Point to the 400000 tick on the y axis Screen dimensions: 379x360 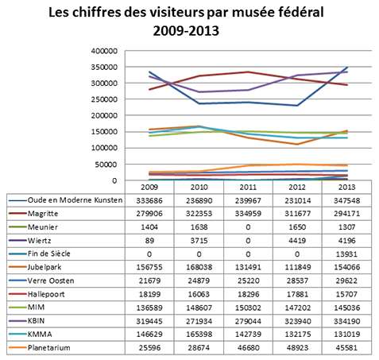point(104,51)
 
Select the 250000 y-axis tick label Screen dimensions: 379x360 point(104,99)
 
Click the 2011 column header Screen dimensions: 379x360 point(248,188)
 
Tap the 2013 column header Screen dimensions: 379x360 point(346,188)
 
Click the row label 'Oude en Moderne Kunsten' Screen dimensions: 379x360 point(75,200)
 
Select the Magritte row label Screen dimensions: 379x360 point(43,214)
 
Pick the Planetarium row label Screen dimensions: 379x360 point(49,347)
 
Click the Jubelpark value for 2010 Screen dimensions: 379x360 point(199,267)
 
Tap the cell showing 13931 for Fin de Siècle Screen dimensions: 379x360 point(346,254)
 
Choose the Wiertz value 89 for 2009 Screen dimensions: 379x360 point(149,241)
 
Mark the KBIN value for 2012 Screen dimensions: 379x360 point(297,321)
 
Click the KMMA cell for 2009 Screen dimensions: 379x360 point(149,335)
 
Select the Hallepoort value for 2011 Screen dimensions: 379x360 point(248,294)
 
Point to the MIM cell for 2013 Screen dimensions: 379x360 point(346,308)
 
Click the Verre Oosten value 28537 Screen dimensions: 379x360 point(297,281)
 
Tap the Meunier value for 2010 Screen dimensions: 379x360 point(199,227)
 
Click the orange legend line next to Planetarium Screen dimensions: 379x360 point(17,347)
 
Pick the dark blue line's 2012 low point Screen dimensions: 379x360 point(297,106)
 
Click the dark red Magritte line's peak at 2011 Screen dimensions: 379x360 point(248,72)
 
